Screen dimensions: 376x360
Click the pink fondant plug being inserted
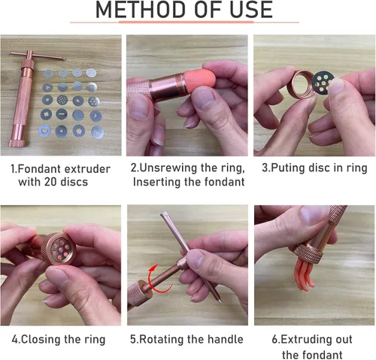click(x=200, y=78)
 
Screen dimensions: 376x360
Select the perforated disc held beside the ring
click(x=323, y=83)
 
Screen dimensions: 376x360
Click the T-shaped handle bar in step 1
click(x=37, y=56)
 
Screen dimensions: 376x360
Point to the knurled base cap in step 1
click(x=17, y=144)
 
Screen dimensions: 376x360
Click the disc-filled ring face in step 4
click(x=60, y=248)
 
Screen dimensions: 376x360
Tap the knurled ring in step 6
click(x=308, y=253)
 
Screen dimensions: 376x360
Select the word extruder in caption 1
click(x=87, y=169)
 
